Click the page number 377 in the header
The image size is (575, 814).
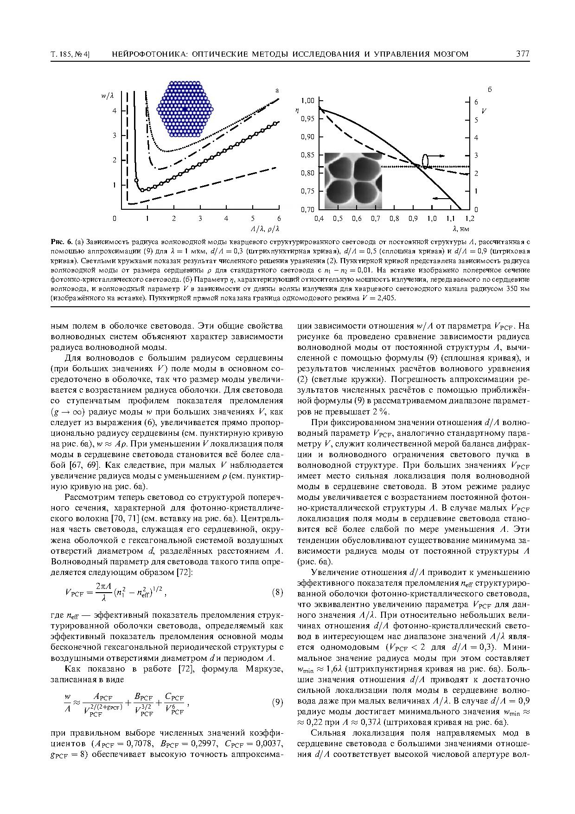[523, 54]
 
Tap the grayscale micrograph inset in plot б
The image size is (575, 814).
[353, 181]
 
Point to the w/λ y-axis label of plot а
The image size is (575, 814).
[107, 96]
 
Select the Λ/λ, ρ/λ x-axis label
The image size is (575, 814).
[265, 229]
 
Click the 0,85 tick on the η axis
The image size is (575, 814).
[307, 155]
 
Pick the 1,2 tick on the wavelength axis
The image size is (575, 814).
[470, 218]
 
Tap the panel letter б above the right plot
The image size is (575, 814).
[489, 90]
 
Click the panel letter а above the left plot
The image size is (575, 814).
[277, 90]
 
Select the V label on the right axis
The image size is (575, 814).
[484, 111]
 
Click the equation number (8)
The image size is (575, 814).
[277, 592]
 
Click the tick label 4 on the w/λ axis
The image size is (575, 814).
[115, 110]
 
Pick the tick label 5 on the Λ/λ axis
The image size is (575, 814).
[252, 218]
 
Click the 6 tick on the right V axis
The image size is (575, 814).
[475, 101]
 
